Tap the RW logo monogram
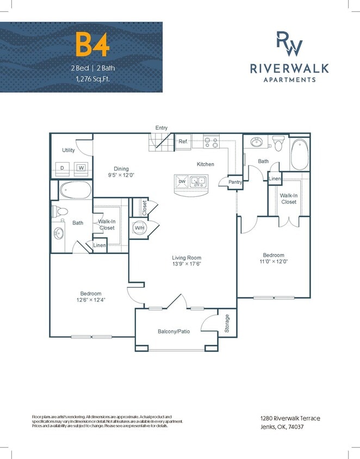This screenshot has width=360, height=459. (289, 44)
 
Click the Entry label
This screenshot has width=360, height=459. (162, 128)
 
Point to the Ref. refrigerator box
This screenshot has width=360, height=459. (183, 142)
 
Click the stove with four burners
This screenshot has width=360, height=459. (212, 142)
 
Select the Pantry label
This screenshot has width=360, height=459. (235, 182)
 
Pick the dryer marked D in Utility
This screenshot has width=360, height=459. (63, 168)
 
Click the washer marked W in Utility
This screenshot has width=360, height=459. (82, 168)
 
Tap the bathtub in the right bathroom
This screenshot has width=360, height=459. (300, 155)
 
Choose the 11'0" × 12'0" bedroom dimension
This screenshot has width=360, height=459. (274, 262)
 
